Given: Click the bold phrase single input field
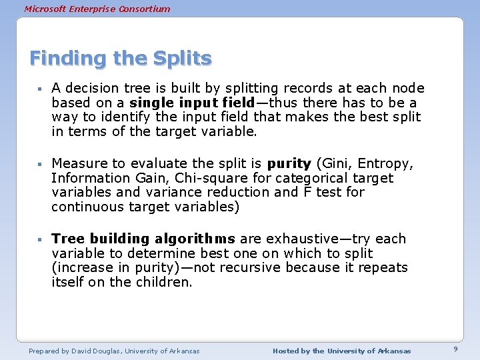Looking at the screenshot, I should coord(192,103).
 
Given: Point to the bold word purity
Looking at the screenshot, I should coord(289,163).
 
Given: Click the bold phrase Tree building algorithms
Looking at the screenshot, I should coord(143,239).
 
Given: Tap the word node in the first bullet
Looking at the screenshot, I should coord(408,88).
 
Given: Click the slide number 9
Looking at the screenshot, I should coord(455,349).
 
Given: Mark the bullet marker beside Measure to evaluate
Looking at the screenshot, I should coord(40,164).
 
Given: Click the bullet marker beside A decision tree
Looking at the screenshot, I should coord(40,89).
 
